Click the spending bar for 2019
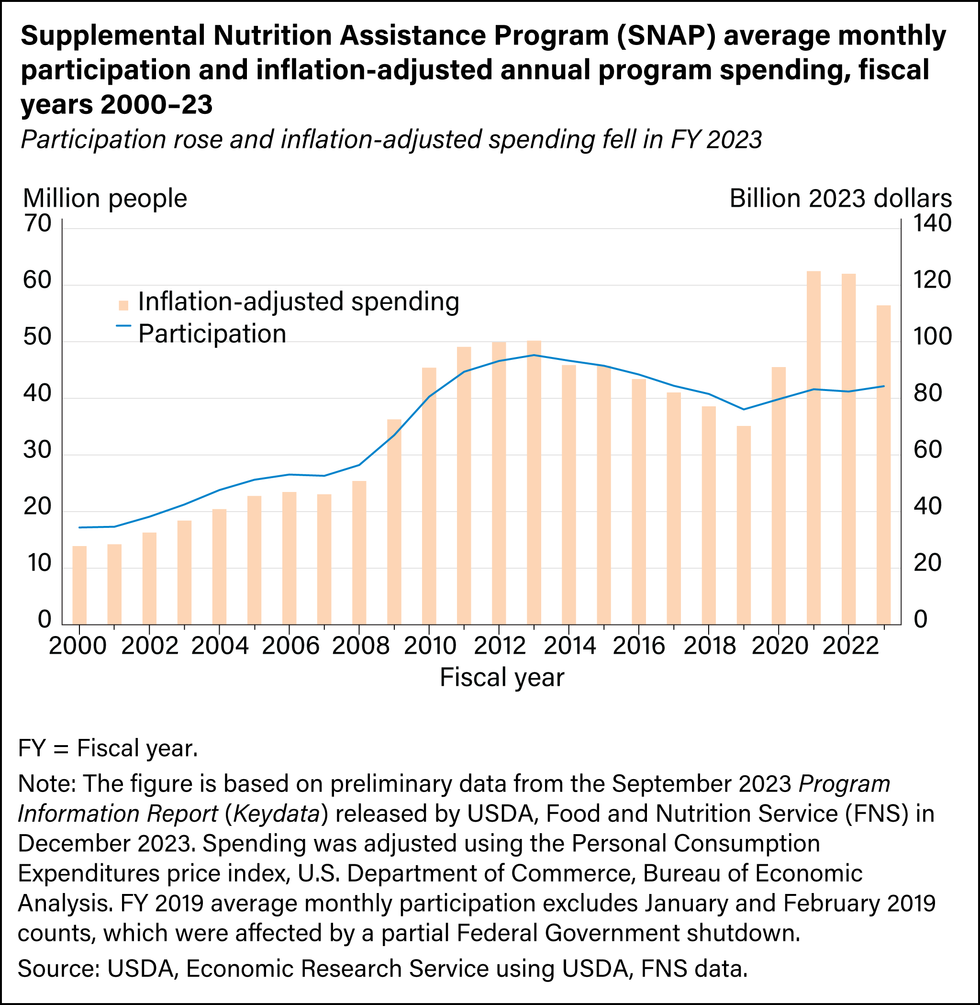click(x=744, y=525)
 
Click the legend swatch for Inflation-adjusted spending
click(x=123, y=305)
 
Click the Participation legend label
click(x=212, y=334)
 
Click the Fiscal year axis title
click(x=502, y=678)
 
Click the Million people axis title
click(x=105, y=199)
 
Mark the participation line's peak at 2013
click(x=534, y=355)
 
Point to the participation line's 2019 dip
click(x=744, y=409)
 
